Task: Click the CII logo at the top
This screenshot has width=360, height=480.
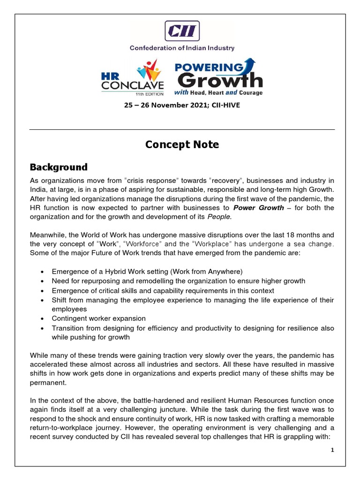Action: [x=182, y=31]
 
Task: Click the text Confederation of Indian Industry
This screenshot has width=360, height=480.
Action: [x=182, y=48]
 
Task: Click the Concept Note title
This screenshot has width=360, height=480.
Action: [x=182, y=144]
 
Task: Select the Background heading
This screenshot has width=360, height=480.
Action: [x=59, y=167]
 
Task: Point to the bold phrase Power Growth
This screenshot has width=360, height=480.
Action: [x=259, y=208]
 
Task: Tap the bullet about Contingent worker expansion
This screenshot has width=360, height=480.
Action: [x=98, y=318]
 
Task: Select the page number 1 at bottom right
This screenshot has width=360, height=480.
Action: [x=332, y=450]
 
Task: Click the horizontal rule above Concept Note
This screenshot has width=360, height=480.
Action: [x=182, y=129]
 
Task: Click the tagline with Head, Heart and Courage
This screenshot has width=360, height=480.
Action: [x=218, y=93]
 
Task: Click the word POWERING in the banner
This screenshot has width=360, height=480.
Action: [x=209, y=66]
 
